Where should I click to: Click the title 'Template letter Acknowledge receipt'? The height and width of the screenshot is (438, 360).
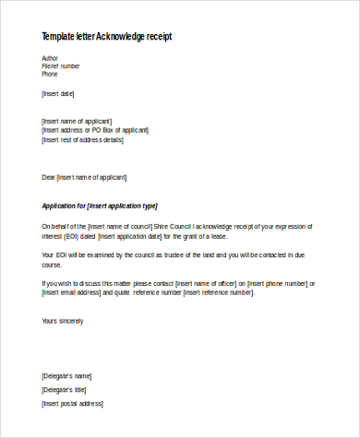tap(106, 37)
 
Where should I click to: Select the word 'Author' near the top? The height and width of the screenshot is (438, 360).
tap(51, 58)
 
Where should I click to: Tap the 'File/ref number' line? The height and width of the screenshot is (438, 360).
tap(61, 66)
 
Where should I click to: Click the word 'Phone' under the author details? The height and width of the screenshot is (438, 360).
tap(50, 75)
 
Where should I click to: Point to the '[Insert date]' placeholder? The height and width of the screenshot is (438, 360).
tap(58, 93)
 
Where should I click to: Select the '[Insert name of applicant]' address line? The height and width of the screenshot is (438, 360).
tap(78, 121)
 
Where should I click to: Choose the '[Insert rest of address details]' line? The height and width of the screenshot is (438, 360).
tap(82, 139)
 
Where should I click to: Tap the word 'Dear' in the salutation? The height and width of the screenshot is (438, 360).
tap(48, 177)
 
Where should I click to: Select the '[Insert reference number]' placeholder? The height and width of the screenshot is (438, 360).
tap(218, 292)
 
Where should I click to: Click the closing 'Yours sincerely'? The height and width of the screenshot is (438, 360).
tap(63, 321)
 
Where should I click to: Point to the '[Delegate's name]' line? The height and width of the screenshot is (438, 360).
tap(66, 376)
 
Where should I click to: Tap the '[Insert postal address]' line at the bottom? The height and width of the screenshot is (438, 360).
tap(72, 404)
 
